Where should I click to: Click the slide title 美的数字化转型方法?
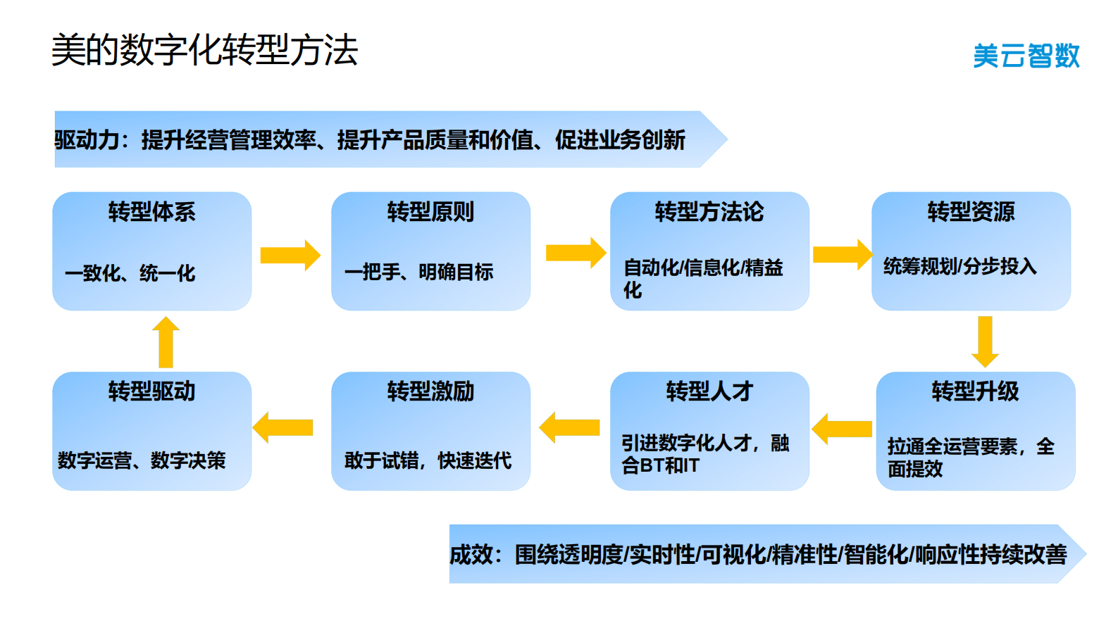click(204, 50)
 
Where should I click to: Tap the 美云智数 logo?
click(1026, 56)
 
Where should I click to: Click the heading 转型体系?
click(151, 212)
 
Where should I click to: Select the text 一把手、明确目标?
click(418, 272)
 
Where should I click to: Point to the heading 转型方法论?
click(709, 212)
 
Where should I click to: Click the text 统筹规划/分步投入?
click(959, 266)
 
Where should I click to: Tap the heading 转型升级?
click(975, 391)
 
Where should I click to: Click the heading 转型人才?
click(709, 391)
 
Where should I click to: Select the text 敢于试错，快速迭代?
click(428, 460)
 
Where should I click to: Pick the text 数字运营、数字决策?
click(142, 460)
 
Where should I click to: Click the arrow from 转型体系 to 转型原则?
click(290, 255)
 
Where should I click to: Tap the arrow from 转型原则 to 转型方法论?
click(576, 253)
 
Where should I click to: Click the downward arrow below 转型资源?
click(985, 341)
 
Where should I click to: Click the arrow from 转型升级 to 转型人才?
click(842, 428)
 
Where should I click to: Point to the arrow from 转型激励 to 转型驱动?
click(282, 427)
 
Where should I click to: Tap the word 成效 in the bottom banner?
click(471, 555)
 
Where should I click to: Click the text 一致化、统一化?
click(130, 273)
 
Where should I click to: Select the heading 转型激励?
click(430, 391)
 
